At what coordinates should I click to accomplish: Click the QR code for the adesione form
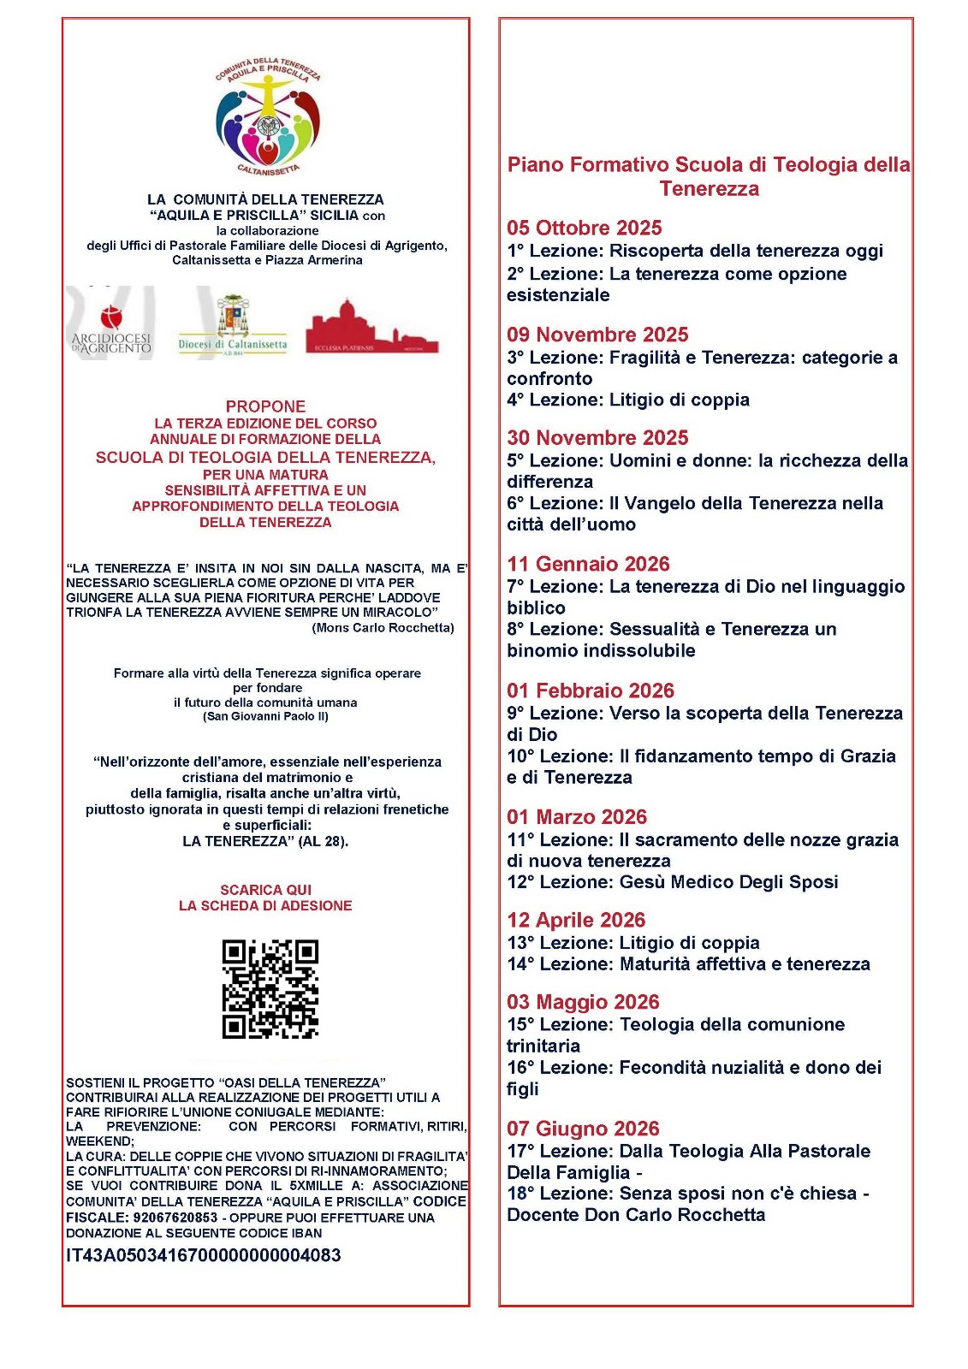pos(270,988)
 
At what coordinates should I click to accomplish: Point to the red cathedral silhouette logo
pos(371,328)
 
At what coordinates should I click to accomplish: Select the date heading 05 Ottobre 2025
pos(584,228)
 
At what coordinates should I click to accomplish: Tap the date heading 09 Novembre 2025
pos(597,335)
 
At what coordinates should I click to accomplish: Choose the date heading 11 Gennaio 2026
pos(588,564)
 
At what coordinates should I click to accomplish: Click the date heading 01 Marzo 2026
pos(577,817)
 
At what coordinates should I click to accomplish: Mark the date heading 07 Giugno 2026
pos(583,1129)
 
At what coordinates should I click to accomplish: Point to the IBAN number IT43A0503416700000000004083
pos(204,1255)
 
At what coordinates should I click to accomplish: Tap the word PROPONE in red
pos(265,406)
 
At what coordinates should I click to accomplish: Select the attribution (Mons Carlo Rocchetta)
pos(383,628)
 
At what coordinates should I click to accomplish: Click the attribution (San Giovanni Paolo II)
pos(265,716)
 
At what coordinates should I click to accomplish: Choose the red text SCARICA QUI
pos(265,890)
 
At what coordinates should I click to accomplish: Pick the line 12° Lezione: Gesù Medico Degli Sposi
pos(672,882)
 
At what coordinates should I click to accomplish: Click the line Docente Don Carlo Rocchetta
pos(636,1215)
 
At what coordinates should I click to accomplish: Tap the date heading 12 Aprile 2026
pos(576,920)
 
